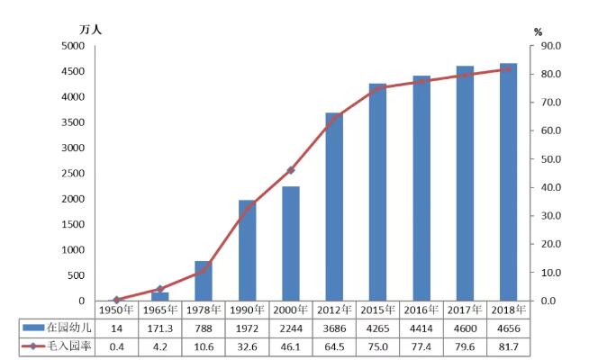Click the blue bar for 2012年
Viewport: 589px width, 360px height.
(x=333, y=207)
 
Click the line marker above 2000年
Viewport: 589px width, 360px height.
(x=290, y=170)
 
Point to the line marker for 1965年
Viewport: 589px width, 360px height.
(x=160, y=289)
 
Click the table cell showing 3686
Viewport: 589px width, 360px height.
(x=333, y=328)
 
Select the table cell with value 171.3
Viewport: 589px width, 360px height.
(x=160, y=328)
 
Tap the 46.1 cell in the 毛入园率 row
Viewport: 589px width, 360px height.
(x=290, y=346)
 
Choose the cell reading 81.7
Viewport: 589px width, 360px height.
(x=508, y=346)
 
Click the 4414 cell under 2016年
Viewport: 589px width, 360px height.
(x=421, y=328)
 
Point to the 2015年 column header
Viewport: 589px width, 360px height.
(x=377, y=310)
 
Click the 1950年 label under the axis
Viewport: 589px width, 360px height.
(x=116, y=310)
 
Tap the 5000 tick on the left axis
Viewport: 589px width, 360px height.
(x=71, y=46)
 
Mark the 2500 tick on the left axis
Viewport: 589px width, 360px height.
(x=71, y=174)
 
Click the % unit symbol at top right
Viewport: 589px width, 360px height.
(x=538, y=32)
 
